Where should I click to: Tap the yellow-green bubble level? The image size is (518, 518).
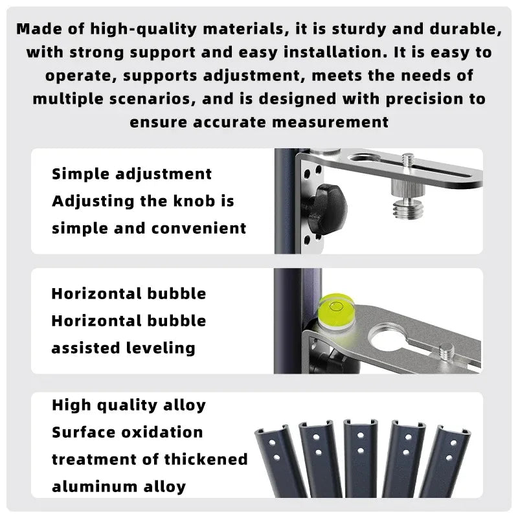335,311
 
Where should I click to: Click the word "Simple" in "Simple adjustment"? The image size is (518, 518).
80,174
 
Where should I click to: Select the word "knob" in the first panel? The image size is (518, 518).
194,201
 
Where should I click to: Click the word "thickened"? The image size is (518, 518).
206,459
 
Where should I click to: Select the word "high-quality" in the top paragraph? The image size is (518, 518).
143,29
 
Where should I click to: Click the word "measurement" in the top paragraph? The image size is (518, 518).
330,122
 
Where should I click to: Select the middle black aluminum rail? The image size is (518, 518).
361,458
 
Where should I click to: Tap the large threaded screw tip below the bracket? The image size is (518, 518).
409,208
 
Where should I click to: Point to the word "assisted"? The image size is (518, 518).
85,348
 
